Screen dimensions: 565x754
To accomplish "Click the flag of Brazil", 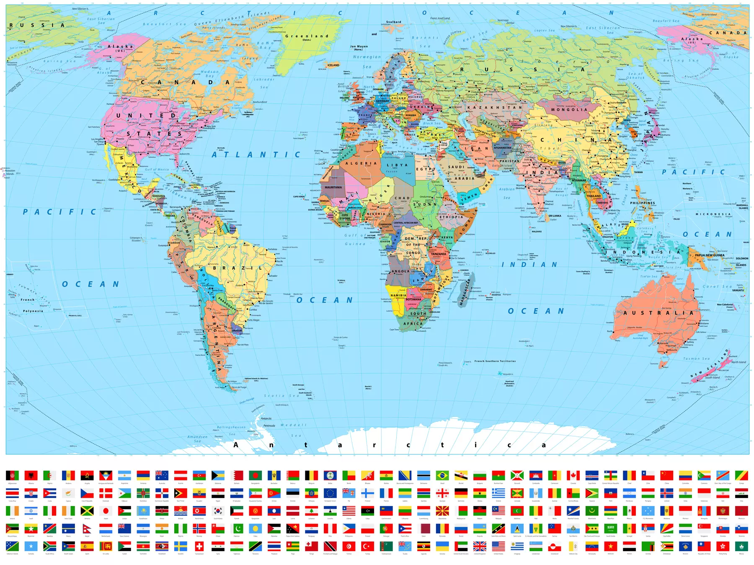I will tap(442, 475).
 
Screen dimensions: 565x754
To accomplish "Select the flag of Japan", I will tap(106, 511).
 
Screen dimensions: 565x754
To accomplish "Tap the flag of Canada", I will tap(573, 475).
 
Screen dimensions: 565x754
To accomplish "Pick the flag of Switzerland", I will tap(199, 546).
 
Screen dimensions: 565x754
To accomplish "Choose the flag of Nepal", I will tap(87, 529).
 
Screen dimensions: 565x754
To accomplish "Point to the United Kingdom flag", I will tap(480, 546).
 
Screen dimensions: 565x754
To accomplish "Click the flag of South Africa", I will tap(50, 546).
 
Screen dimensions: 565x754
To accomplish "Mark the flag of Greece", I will tap(498, 493).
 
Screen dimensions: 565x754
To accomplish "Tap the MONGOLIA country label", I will tap(569, 110).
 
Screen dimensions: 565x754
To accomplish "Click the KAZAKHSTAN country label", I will tap(495, 108).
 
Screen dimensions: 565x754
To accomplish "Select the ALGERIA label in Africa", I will tap(361, 164).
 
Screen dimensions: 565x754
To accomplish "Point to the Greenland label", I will tap(307, 36).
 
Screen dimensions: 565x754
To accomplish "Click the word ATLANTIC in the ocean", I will tap(256, 155).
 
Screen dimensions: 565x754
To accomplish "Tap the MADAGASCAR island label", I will tap(466, 292).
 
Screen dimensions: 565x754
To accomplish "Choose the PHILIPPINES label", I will tap(642, 203).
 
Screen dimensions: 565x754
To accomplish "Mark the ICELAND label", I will tap(333, 65).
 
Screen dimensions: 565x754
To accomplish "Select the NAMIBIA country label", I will tap(398, 295).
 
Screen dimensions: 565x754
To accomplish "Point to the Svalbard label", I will tap(393, 22).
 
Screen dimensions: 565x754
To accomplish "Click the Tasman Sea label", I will tap(696, 359).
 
